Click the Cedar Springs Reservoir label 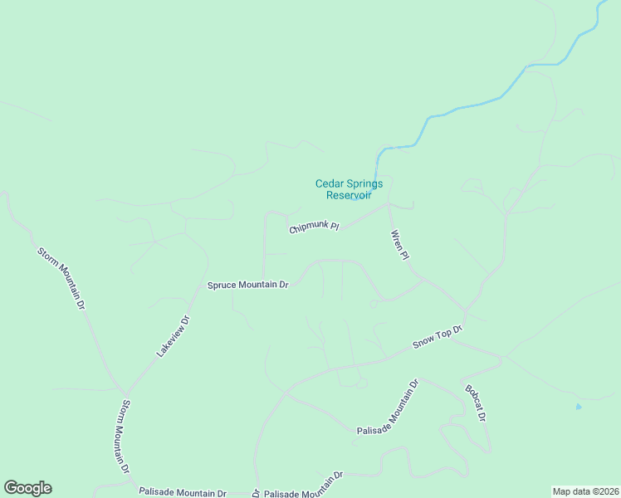[x=349, y=189]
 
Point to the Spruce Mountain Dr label [x=247, y=285]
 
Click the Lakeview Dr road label [x=174, y=336]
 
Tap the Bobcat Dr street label [x=475, y=403]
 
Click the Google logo [x=27, y=488]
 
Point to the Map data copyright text [x=586, y=491]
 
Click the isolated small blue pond [x=579, y=407]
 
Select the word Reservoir [x=349, y=195]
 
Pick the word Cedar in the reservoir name [x=330, y=183]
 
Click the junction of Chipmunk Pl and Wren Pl [x=389, y=205]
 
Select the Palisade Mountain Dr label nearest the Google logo [x=183, y=492]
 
